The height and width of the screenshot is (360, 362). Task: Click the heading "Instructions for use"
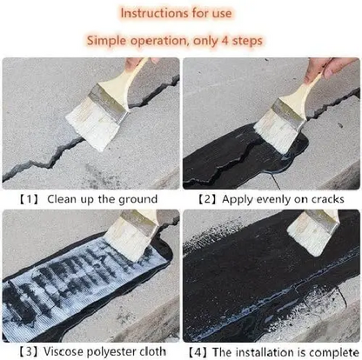point(180,13)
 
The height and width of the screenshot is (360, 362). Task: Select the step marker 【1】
point(26,200)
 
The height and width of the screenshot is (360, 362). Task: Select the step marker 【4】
point(197,350)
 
